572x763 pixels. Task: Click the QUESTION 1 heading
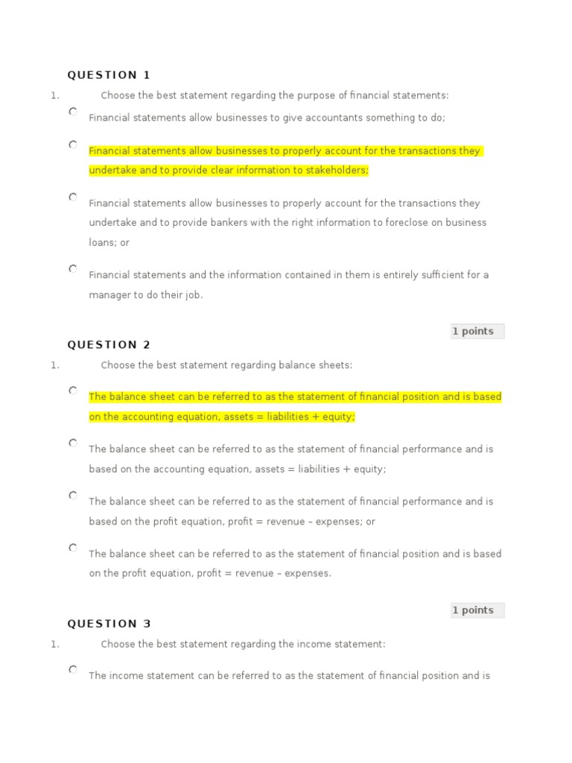tap(109, 75)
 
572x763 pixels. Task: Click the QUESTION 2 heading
tap(109, 344)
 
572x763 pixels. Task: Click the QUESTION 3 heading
tap(109, 624)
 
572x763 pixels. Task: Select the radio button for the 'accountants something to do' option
tap(73, 112)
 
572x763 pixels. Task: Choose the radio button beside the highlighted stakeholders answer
tap(73, 145)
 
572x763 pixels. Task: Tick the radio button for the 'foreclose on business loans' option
tap(73, 197)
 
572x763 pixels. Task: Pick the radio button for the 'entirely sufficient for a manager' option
tap(73, 269)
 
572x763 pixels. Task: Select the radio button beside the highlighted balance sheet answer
tap(73, 390)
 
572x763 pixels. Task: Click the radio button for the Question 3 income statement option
tap(73, 670)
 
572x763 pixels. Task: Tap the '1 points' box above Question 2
tap(477, 332)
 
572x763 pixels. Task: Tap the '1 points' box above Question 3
tap(477, 610)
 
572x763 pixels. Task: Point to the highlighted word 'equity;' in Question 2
tap(340, 417)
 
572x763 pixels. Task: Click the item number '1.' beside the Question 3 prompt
tap(55, 645)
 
